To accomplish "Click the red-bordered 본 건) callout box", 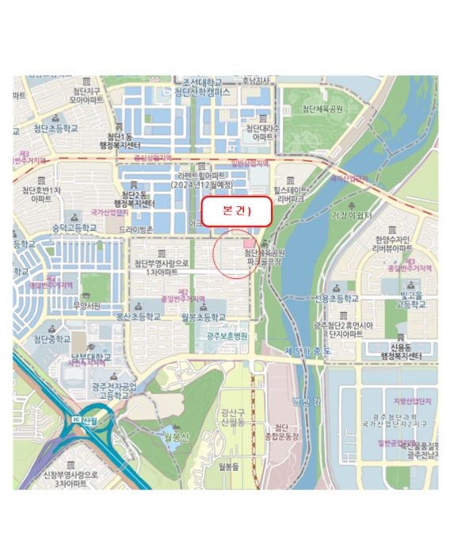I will pyautogui.click(x=235, y=212).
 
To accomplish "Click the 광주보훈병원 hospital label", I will pyautogui.click(x=227, y=336).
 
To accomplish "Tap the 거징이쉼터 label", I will pyautogui.click(x=351, y=215).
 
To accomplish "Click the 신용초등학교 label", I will pyautogui.click(x=336, y=299).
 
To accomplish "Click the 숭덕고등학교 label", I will pyautogui.click(x=74, y=228).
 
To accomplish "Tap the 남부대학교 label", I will pyautogui.click(x=91, y=357).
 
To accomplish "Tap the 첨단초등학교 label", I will pyautogui.click(x=56, y=128).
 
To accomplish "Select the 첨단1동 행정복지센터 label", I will pyautogui.click(x=120, y=141).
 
